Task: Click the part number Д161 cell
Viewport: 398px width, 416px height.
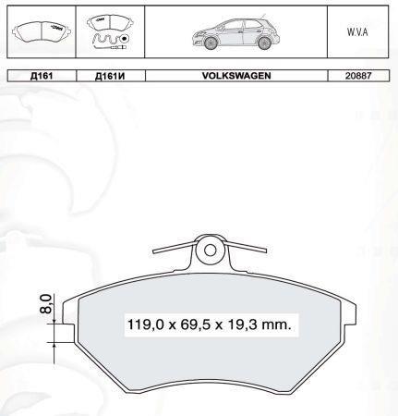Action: pyautogui.click(x=42, y=76)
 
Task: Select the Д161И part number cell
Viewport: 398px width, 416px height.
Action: pyautogui.click(x=110, y=76)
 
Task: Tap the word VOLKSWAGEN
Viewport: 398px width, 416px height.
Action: pyautogui.click(x=236, y=76)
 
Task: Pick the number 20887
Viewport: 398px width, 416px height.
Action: pyautogui.click(x=358, y=76)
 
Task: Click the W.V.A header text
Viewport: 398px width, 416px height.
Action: pyautogui.click(x=357, y=32)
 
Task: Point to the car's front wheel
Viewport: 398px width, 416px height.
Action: pyautogui.click(x=211, y=43)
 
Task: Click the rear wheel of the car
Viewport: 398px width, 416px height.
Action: pyautogui.click(x=264, y=43)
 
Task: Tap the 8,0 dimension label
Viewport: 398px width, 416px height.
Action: pyautogui.click(x=45, y=303)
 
